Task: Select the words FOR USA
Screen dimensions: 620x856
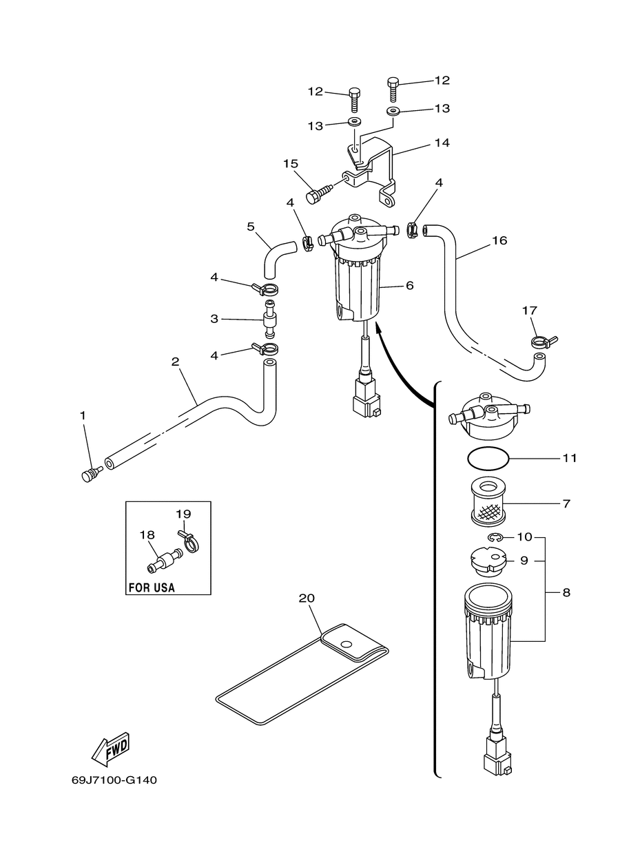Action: [152, 587]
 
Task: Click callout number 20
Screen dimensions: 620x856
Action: [307, 598]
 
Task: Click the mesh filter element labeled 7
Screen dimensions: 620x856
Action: [489, 503]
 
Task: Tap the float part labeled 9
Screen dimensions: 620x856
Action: [488, 561]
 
